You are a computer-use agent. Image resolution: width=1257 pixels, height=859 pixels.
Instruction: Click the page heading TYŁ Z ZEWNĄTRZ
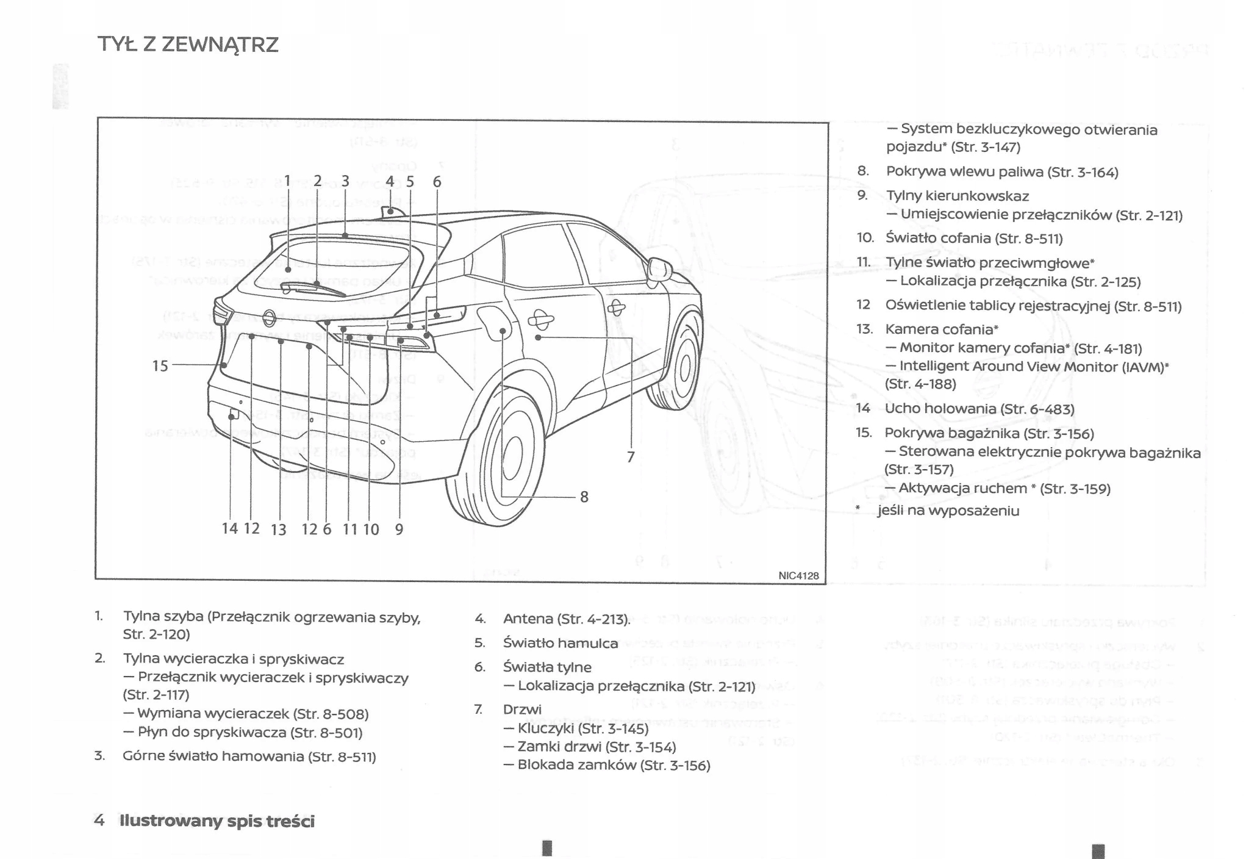tap(188, 45)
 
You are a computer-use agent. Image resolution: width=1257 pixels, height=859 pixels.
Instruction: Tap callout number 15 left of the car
tap(160, 365)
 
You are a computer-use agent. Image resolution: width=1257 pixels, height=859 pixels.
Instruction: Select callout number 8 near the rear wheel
tap(584, 497)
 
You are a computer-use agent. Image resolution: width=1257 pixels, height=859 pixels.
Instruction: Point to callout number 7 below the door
tap(631, 457)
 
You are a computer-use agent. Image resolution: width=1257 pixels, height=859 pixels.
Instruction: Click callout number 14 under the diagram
tap(229, 528)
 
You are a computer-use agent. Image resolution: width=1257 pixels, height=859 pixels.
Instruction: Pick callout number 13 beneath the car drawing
tap(279, 530)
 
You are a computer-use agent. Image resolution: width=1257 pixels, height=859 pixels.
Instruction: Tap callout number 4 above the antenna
tap(390, 181)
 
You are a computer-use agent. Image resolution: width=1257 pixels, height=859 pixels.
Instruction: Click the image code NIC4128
tap(798, 576)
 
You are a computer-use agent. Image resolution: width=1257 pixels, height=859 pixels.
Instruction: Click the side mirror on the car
tap(659, 269)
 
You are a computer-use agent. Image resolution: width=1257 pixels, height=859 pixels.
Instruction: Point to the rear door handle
tap(540, 318)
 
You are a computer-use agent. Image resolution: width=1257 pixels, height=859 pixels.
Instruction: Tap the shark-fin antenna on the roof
tap(392, 212)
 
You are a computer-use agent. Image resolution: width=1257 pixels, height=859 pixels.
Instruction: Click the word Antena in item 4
tap(528, 619)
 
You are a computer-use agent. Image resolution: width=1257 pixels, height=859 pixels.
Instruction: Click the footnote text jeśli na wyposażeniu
tap(948, 511)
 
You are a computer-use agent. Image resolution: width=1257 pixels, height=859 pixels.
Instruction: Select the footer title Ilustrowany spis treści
tap(217, 821)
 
